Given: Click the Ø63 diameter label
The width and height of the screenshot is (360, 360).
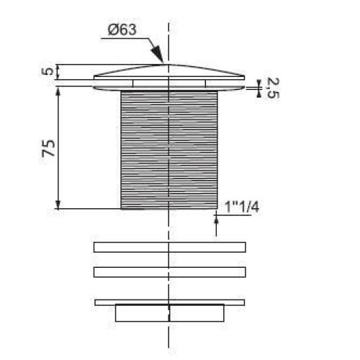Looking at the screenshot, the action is tap(122, 30).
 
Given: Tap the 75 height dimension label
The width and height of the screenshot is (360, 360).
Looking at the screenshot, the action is tap(48, 148).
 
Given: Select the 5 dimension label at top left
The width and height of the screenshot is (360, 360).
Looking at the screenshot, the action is tap(49, 71).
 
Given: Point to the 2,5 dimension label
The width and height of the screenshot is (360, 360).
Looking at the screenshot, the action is tap(272, 88).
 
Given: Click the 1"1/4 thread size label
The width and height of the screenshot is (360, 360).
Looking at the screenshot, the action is tap(242, 207).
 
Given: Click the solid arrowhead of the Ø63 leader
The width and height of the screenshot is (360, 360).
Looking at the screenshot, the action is tap(157, 53).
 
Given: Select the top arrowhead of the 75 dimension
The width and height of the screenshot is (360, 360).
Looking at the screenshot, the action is tap(58, 91).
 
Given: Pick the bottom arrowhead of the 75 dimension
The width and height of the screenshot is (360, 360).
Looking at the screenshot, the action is tap(58, 204).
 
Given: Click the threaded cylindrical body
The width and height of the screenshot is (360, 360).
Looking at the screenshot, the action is tap(169, 150).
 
